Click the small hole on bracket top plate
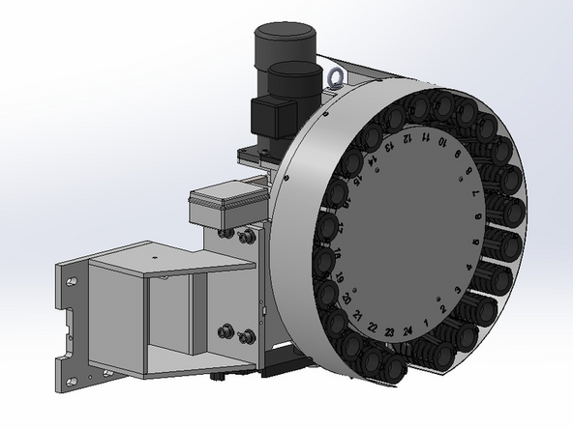tap(152, 259)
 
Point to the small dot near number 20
tap(356, 289)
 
